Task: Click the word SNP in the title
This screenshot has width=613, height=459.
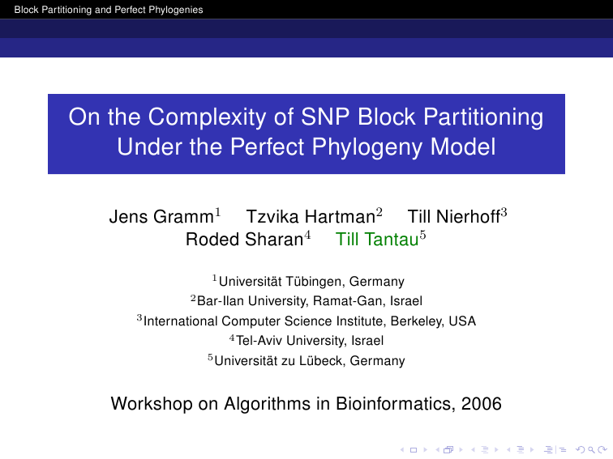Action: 326,117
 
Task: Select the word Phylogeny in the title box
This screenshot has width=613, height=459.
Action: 367,147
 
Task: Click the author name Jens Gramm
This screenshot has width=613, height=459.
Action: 161,217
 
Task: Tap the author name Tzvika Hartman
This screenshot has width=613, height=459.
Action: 311,217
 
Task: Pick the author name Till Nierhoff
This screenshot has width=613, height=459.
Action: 454,217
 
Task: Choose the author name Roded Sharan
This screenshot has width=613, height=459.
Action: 245,240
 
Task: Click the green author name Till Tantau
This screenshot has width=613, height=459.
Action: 377,240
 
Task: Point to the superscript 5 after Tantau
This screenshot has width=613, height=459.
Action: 422,235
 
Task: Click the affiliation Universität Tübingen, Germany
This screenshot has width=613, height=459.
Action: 311,281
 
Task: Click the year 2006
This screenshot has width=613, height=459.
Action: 482,404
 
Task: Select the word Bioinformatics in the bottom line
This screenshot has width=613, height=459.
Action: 396,404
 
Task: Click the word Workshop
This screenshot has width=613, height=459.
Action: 152,404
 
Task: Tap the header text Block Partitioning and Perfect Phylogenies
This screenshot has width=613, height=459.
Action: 109,10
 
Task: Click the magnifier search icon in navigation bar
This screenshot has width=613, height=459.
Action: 591,450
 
